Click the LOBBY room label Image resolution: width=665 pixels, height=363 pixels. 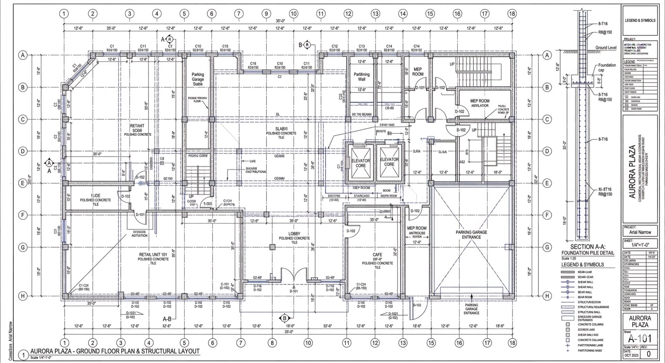tap(294, 234)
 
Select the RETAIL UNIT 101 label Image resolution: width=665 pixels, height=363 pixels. tap(153, 255)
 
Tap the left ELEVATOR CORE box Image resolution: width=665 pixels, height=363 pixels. tap(361, 163)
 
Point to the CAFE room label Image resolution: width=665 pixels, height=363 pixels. tap(377, 255)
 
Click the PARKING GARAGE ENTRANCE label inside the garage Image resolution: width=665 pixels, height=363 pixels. tap(471, 235)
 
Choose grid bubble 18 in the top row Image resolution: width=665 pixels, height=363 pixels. tap(512, 14)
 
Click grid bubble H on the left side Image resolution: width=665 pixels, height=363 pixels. tap(23, 296)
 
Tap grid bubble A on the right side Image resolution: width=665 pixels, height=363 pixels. tap(547, 55)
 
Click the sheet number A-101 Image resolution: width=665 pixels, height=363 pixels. tap(640, 339)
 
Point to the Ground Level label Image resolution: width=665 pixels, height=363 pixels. tap(606, 48)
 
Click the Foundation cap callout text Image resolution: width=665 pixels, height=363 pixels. tap(606, 67)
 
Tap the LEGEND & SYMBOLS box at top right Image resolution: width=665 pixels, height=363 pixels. tap(640, 20)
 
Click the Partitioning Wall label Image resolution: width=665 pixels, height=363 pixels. tap(362, 77)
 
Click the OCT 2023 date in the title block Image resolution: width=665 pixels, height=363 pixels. tap(631, 355)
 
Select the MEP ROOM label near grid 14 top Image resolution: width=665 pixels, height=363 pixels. tap(418, 72)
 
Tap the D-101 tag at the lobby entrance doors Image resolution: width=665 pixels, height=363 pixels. tap(293, 291)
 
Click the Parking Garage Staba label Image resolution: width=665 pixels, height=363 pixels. tap(198, 79)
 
